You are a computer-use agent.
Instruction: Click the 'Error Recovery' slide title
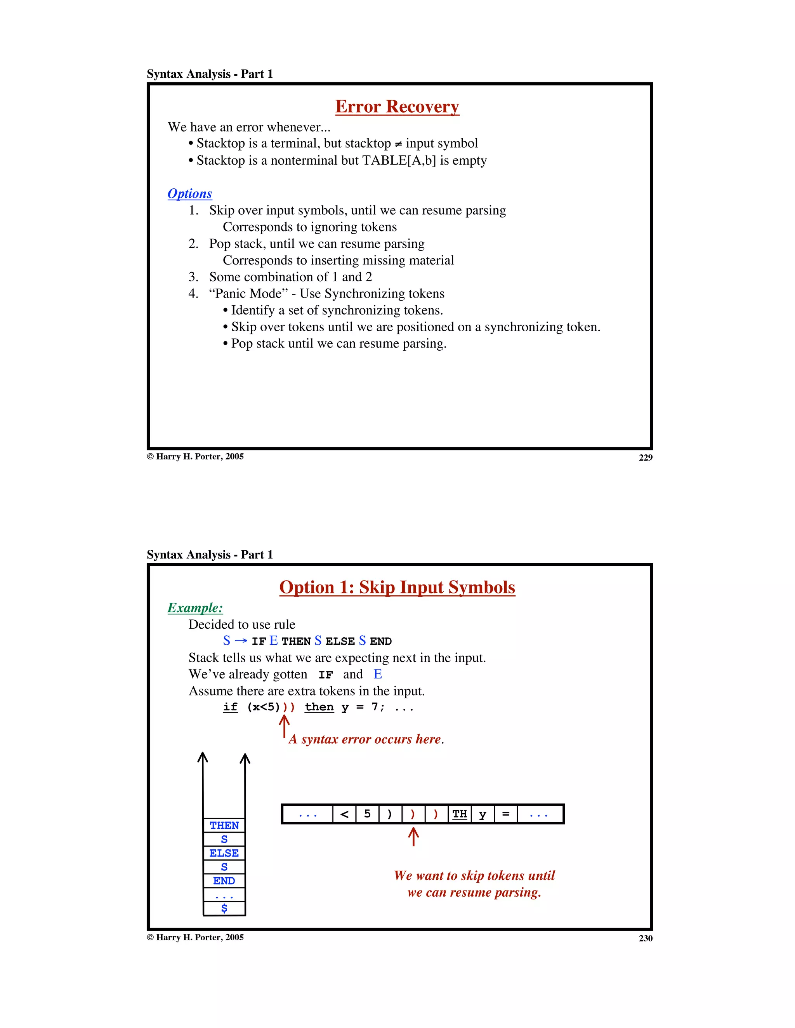pyautogui.click(x=397, y=107)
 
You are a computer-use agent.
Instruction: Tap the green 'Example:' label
pyautogui.click(x=195, y=608)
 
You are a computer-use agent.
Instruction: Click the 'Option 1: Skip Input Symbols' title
pyautogui.click(x=397, y=588)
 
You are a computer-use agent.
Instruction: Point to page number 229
pyautogui.click(x=646, y=457)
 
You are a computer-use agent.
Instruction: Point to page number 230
pyautogui.click(x=646, y=938)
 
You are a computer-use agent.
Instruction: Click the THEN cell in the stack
pyautogui.click(x=224, y=825)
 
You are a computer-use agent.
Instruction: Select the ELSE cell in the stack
pyautogui.click(x=224, y=853)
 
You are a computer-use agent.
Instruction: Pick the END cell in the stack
pyautogui.click(x=224, y=881)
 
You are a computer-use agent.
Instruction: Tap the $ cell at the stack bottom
pyautogui.click(x=224, y=908)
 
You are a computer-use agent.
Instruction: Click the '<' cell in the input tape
pyautogui.click(x=344, y=814)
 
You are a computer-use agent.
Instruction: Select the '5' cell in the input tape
pyautogui.click(x=367, y=814)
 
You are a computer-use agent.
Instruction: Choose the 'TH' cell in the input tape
pyautogui.click(x=460, y=814)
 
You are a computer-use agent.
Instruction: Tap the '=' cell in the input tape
pyautogui.click(x=506, y=814)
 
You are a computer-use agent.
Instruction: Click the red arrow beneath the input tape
pyautogui.click(x=413, y=837)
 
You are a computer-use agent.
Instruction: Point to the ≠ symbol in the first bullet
pyautogui.click(x=398, y=144)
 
